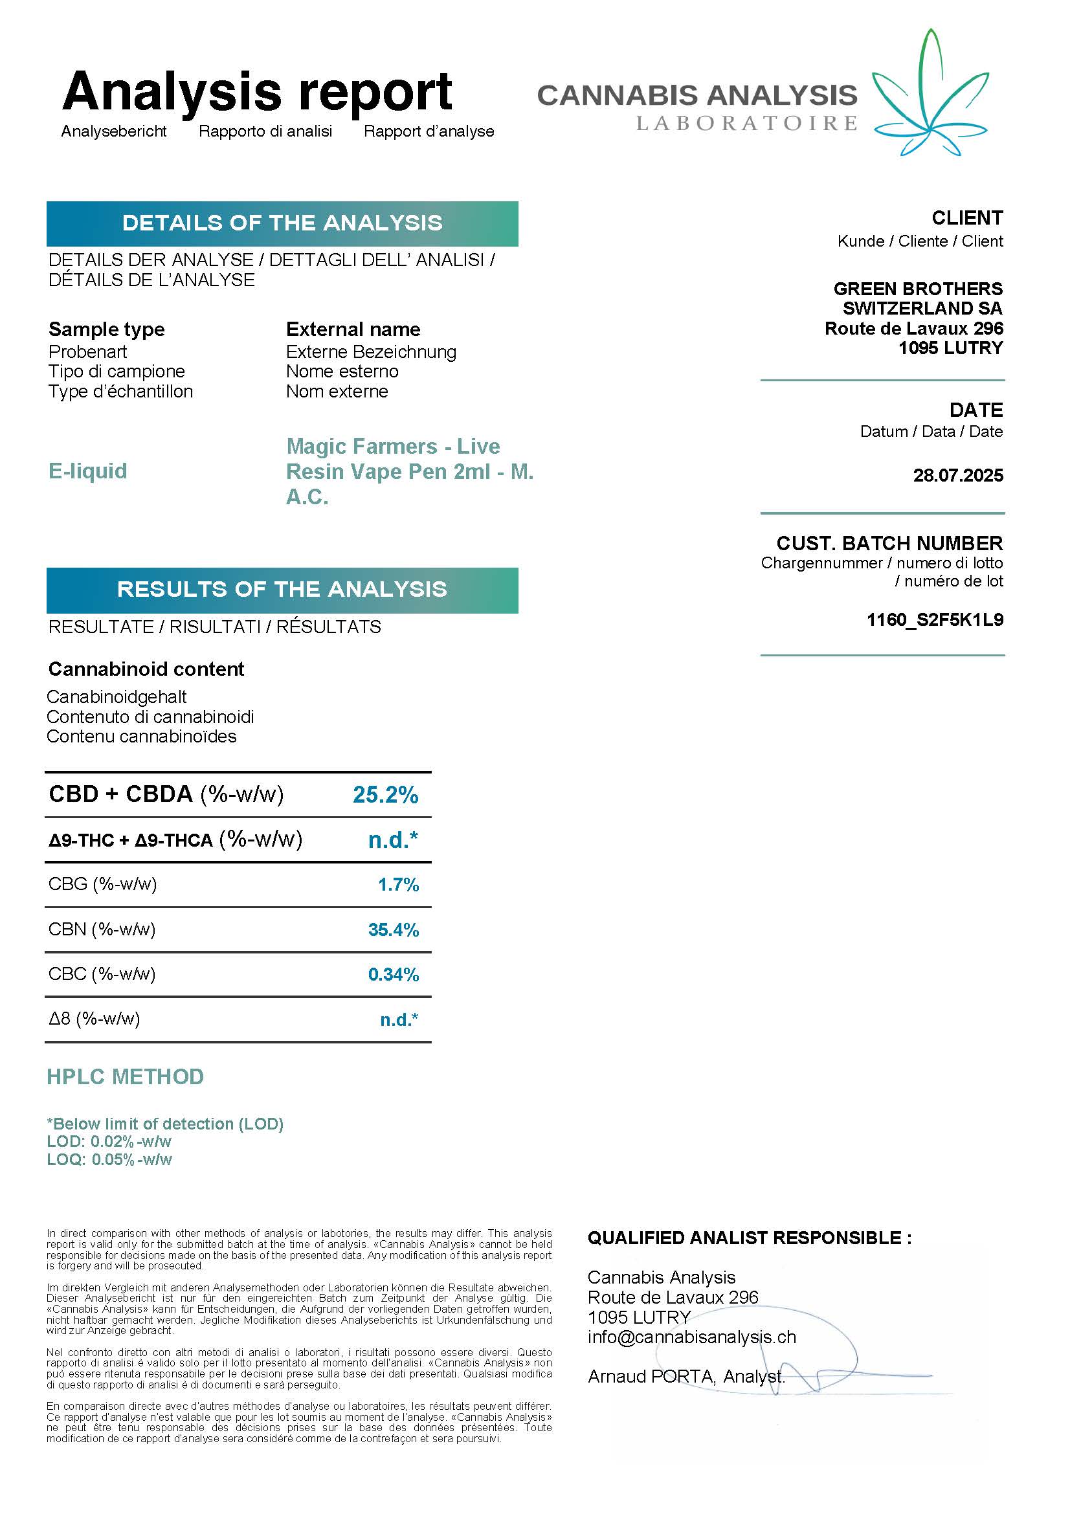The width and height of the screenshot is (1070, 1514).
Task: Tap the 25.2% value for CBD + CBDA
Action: pos(385,795)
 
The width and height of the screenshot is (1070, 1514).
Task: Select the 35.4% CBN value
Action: pos(393,930)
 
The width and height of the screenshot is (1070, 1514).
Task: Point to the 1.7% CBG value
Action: pos(397,884)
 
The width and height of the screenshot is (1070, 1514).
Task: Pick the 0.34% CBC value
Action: pos(393,975)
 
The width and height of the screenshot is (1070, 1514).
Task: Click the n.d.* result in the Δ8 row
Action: pos(399,1020)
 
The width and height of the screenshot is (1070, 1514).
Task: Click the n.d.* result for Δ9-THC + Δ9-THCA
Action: pos(393,840)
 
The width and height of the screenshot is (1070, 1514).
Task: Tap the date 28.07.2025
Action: pos(957,476)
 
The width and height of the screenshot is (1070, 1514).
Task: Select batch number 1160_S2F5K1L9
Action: pos(934,620)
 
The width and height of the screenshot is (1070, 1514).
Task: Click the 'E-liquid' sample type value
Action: pos(87,471)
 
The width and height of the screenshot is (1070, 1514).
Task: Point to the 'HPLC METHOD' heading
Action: pos(126,1077)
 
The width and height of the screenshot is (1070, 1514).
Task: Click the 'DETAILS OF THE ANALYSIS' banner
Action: pos(282,223)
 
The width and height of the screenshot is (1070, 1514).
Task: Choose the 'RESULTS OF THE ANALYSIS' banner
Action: pos(282,590)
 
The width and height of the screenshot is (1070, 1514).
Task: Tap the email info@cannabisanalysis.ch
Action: pos(691,1337)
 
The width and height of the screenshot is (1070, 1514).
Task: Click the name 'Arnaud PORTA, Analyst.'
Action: pos(685,1377)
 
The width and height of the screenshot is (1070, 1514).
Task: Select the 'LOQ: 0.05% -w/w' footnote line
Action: pos(109,1160)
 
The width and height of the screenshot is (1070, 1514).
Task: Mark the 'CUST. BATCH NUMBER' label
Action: pos(889,543)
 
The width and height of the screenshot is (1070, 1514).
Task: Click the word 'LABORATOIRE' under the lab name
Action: pos(746,124)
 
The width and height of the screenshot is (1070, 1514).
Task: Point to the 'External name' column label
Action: pos(353,329)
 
